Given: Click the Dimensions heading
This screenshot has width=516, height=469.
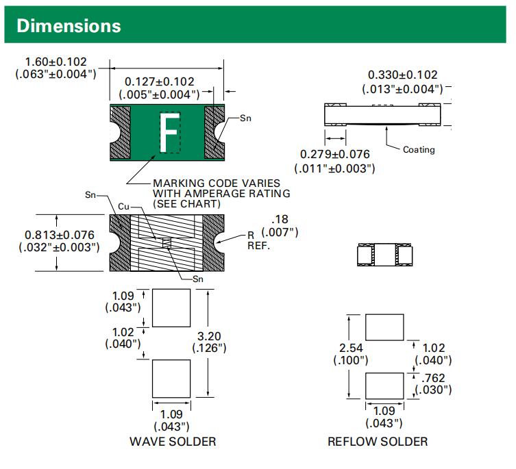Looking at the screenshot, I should coord(69,26).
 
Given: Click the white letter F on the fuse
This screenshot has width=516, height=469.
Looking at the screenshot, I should coord(169,132).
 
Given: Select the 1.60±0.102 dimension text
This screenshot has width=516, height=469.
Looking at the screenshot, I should coord(56,62).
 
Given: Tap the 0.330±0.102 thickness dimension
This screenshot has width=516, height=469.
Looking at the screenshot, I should coord(402,75).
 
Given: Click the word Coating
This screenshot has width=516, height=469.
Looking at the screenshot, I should coord(418,150).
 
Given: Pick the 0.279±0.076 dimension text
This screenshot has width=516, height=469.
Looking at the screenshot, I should coord(334,155).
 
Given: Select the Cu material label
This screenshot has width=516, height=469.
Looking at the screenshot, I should coord(123,206).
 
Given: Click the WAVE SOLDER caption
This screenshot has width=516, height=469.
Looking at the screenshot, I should coord(173,442).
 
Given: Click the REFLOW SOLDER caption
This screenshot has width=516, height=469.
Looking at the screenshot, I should coord(378,442).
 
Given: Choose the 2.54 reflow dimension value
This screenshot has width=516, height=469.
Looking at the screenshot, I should coord(350,348).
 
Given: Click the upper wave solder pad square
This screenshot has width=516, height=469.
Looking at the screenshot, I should coord(171,307).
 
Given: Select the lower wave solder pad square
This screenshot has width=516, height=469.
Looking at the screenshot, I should coord(171,377).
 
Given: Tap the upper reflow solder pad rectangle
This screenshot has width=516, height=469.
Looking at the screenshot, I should coord(384,327).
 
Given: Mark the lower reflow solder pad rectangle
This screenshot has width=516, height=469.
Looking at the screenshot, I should coord(384,385).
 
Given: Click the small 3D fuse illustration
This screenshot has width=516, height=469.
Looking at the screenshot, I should coord(385,255).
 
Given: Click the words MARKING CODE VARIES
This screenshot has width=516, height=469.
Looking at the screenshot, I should coord(217,183).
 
